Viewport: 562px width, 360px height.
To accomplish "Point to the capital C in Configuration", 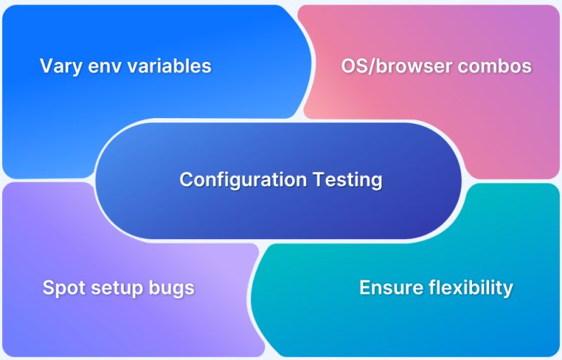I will [186, 179].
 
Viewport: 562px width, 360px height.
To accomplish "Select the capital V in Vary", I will [46, 66].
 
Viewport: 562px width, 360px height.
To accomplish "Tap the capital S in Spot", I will [48, 288].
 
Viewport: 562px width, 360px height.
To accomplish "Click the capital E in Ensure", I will [365, 288].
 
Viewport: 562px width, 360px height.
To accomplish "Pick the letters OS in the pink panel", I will [355, 66].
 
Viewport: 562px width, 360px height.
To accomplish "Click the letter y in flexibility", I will [508, 290].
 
